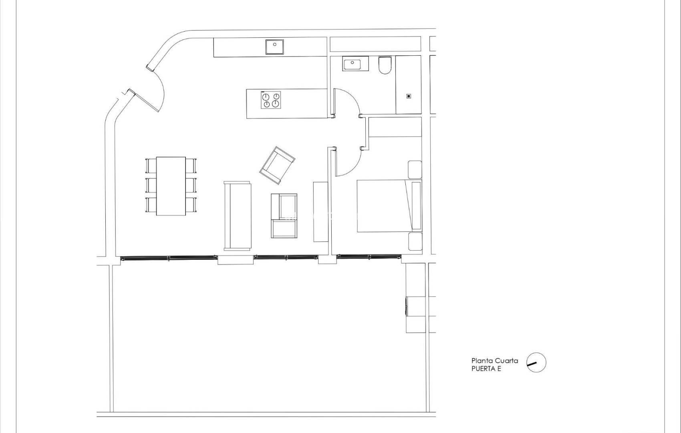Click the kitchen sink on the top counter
(274, 47)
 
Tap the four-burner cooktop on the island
(271, 100)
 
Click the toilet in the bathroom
(385, 66)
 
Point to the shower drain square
(409, 96)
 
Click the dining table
(171, 186)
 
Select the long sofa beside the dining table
(237, 216)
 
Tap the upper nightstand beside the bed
(415, 170)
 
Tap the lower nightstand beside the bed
(415, 242)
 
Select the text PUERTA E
(486, 369)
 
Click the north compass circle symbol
(536, 363)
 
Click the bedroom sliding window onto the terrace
(369, 257)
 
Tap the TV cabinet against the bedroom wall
(320, 211)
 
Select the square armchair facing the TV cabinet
(284, 216)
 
